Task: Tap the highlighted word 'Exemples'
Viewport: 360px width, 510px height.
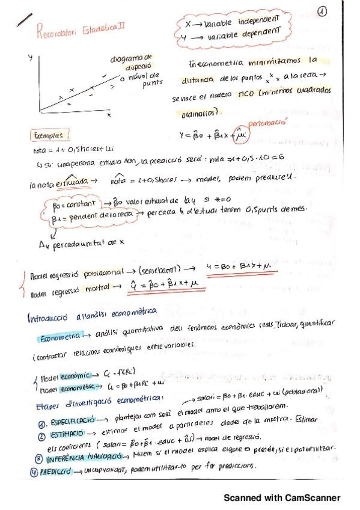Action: point(52,135)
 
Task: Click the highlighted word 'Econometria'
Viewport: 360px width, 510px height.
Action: point(58,337)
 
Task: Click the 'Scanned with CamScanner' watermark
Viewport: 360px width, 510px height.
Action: point(282,498)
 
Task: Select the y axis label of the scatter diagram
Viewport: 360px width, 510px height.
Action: point(30,58)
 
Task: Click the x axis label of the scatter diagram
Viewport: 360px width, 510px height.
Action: point(109,114)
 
